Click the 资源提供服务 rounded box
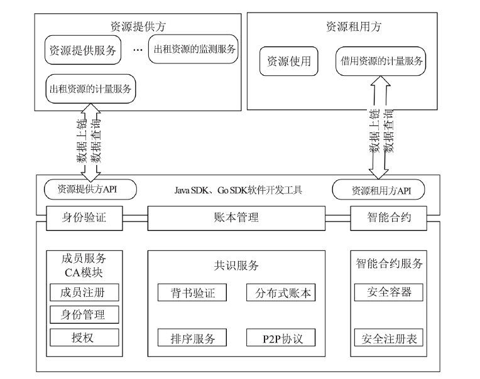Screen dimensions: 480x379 (83, 50)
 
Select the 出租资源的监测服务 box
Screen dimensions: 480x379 (193, 49)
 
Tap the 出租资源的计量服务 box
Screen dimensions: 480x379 (90, 88)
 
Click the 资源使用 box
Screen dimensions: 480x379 (288, 61)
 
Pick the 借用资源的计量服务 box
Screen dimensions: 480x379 (381, 61)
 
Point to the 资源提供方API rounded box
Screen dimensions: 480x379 (90, 189)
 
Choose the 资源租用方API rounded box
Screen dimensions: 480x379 (378, 189)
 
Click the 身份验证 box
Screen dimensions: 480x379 (84, 218)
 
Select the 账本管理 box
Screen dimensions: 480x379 (236, 218)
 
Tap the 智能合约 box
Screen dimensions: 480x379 (388, 218)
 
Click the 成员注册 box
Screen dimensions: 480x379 (84, 292)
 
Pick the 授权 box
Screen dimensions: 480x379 (84, 338)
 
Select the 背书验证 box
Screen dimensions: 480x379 (192, 292)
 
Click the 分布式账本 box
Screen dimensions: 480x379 (281, 292)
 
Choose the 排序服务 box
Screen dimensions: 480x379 (192, 338)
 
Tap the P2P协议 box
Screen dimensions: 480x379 (281, 338)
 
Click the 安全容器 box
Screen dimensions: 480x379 (389, 292)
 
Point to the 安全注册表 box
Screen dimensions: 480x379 (389, 338)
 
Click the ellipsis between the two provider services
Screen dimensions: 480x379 (138, 50)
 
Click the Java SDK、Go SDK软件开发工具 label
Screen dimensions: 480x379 (238, 190)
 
